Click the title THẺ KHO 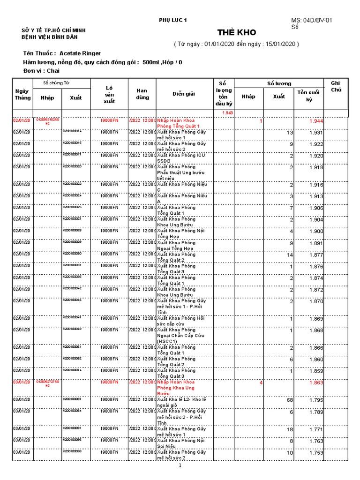pos(237,32)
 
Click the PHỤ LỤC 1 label pos(173,21)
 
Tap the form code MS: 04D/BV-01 pos(312,21)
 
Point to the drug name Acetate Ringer pos(80,53)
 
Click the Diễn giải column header pos(184,94)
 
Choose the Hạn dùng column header pos(142,94)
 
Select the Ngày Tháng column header pos(23,94)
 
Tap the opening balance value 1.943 pos(227,113)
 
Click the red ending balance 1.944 pos(316,121)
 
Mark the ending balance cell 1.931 pos(316,133)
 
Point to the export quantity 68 pos(289,400)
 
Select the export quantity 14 pos(290,255)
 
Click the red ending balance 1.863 pos(316,383)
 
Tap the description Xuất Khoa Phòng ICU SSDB pos(181,158)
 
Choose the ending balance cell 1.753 pos(316,453)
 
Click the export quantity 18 pos(290,429)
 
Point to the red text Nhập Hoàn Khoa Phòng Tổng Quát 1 pos(179,123)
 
